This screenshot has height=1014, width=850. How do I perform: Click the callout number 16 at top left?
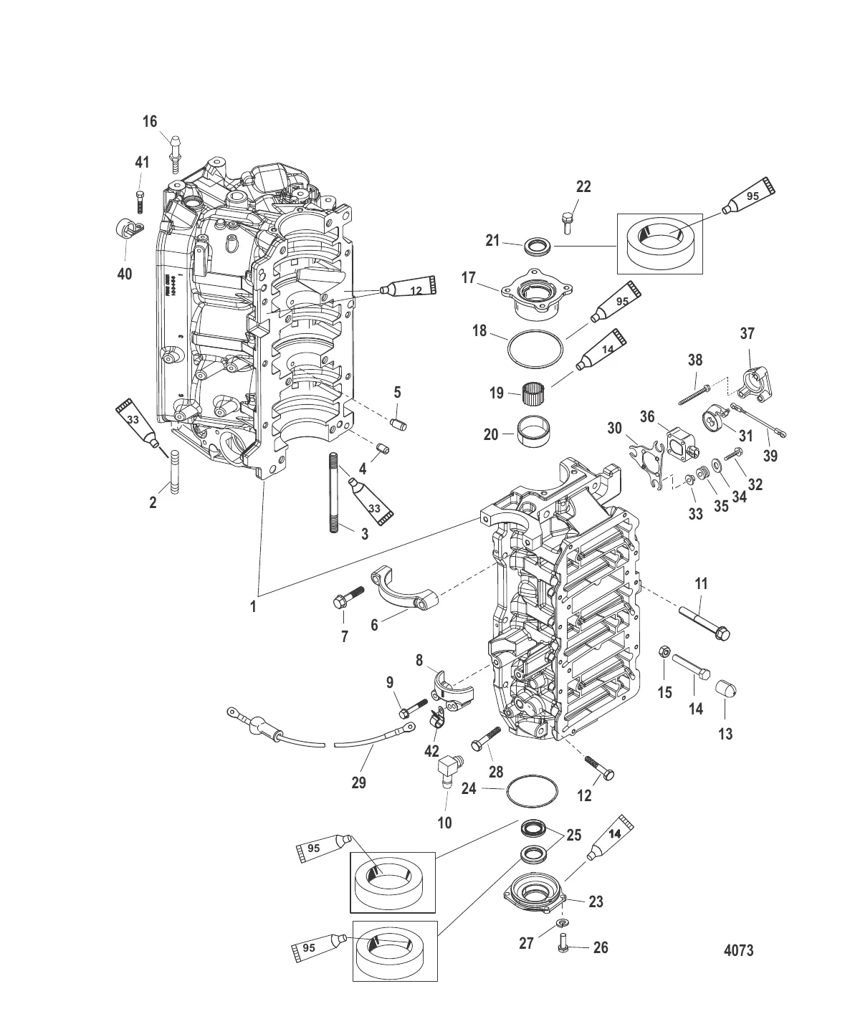pos(149,121)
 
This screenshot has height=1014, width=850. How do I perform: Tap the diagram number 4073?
pos(737,950)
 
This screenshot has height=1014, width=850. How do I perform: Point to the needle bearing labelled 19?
pos(531,393)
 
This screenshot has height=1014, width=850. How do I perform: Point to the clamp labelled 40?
pos(125,229)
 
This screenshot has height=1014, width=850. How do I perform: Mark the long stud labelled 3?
pos(335,492)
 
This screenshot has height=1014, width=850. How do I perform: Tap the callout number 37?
pos(748,333)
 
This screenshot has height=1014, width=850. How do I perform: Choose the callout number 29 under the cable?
pos(358,783)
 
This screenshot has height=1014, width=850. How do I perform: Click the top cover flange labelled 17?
pos(530,296)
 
